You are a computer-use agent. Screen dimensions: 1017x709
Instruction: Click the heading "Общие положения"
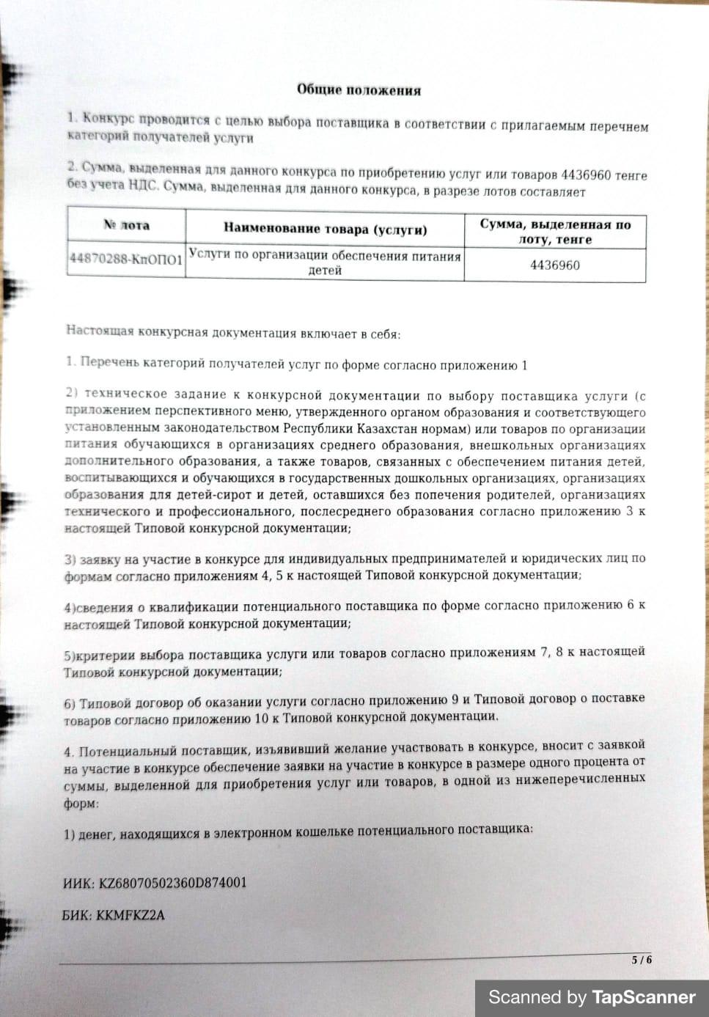359,90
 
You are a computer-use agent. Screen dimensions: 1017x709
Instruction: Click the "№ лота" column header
126,226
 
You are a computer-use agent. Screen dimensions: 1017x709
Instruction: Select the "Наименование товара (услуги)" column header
325,229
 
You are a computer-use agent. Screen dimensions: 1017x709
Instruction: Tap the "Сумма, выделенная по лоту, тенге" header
555,232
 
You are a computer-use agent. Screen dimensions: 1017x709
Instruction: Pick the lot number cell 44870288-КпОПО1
126,260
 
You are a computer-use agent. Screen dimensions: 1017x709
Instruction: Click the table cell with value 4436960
555,265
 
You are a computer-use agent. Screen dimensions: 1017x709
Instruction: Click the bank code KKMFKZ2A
131,915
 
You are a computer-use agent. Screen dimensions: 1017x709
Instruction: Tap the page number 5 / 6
642,960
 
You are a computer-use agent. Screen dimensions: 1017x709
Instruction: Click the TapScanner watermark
592,997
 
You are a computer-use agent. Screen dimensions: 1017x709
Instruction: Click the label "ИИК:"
78,883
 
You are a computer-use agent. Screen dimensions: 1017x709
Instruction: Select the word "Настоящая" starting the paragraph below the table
92,331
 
